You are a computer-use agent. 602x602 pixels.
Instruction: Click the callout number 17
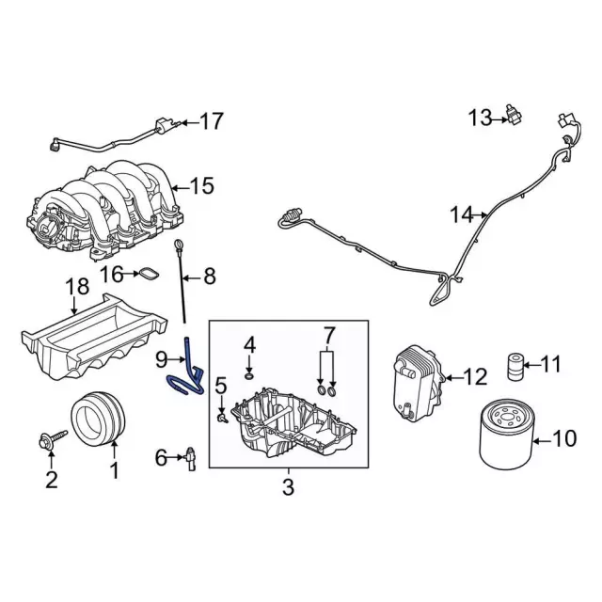[212, 121]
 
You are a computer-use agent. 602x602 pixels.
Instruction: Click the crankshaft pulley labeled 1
[98, 416]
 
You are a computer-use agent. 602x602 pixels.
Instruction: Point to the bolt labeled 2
[51, 439]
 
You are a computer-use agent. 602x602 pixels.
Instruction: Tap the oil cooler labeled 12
[413, 381]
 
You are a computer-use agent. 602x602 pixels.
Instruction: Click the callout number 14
[460, 215]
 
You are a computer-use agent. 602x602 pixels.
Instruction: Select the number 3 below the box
[288, 487]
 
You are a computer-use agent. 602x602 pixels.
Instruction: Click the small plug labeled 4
[249, 376]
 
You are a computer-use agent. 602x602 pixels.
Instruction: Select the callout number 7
[329, 336]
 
